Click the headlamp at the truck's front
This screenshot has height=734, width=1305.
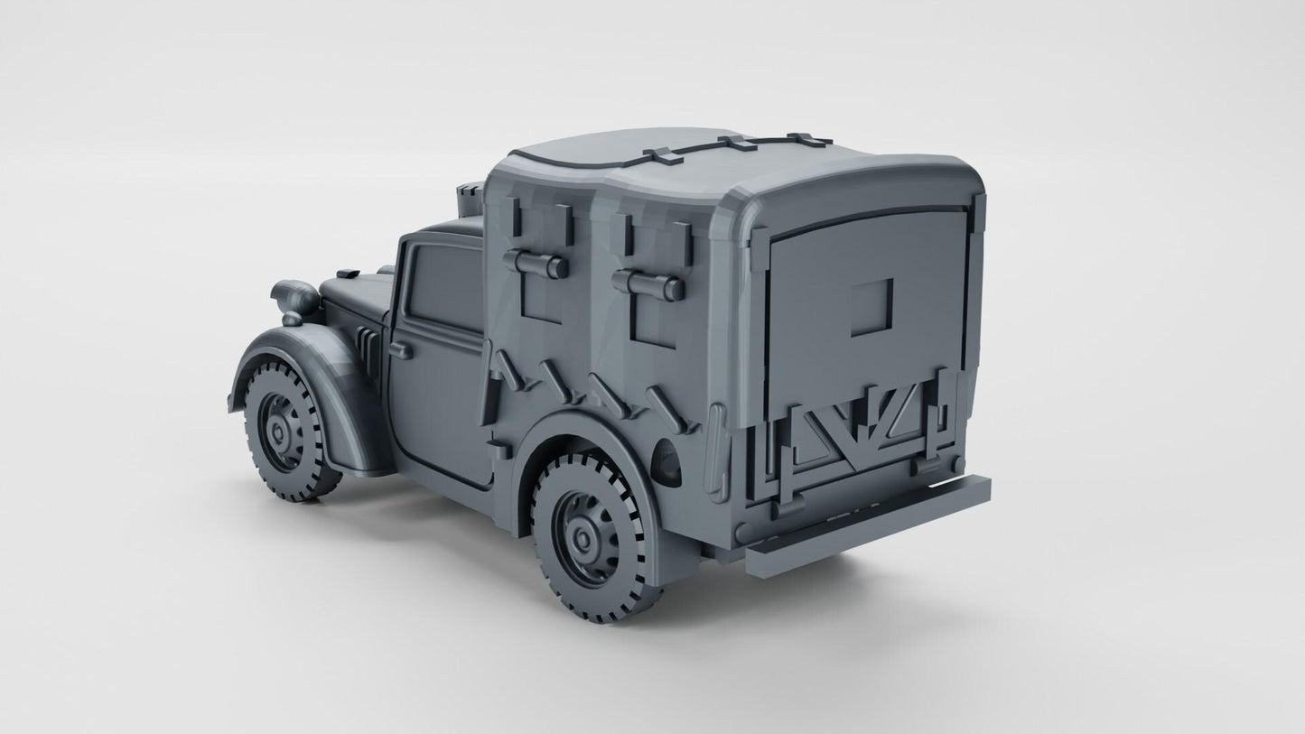click(294, 299)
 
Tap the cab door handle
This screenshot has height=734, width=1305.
click(400, 350)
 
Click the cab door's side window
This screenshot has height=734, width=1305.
click(445, 285)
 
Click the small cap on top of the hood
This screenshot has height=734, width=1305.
click(348, 273)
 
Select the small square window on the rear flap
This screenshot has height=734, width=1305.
click(872, 302)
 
